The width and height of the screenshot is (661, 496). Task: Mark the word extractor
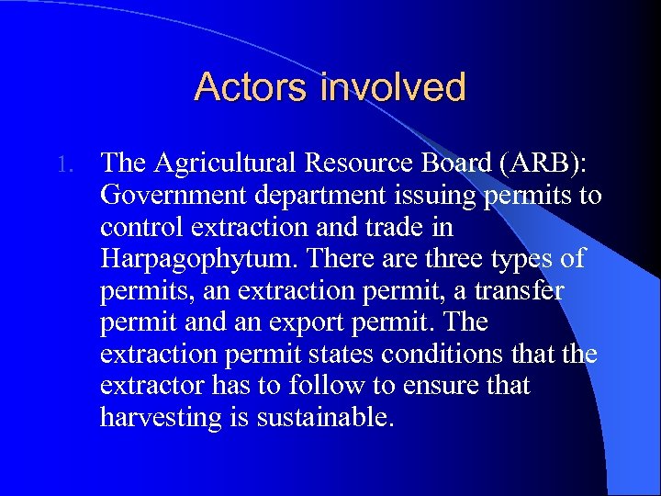point(156,386)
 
